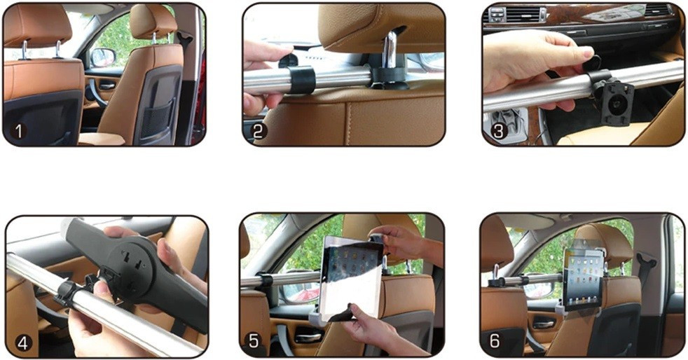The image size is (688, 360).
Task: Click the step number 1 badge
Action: pyautogui.click(x=18, y=131)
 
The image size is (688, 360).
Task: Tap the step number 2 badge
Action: pyautogui.click(x=258, y=131)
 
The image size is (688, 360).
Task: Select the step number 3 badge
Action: pyautogui.click(x=497, y=131)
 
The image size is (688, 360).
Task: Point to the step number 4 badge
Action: pyautogui.click(x=23, y=342)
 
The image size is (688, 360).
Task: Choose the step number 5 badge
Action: pyautogui.click(x=254, y=340)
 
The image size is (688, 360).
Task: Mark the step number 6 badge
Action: pyautogui.click(x=495, y=340)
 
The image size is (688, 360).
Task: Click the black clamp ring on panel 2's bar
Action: pyautogui.click(x=301, y=79)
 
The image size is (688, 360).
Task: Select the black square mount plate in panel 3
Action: pyautogui.click(x=617, y=102)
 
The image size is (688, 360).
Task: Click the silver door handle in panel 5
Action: pyautogui.click(x=308, y=337)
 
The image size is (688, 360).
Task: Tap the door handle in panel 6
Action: pyautogui.click(x=544, y=324)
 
